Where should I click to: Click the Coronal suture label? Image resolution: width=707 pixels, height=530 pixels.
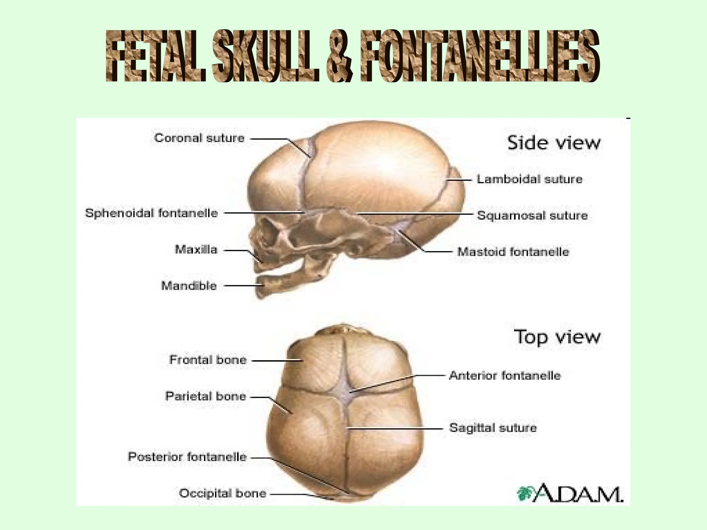tap(199, 138)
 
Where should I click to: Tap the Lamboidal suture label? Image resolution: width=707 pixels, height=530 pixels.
tap(529, 179)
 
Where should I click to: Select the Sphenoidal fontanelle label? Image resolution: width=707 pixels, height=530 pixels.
tap(152, 213)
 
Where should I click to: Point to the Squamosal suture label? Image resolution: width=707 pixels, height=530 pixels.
tap(532, 215)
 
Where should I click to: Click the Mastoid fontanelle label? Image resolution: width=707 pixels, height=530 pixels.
tap(513, 252)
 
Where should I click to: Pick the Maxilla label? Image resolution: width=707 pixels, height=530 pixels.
tap(196, 249)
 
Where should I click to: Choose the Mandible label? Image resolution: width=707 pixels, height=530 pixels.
tap(189, 286)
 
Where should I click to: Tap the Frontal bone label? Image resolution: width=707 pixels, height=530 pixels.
tap(208, 360)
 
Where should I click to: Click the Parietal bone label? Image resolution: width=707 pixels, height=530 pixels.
tap(206, 396)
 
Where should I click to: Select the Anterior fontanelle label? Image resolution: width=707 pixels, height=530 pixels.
tap(505, 375)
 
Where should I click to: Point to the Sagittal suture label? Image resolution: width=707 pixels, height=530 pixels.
tap(493, 428)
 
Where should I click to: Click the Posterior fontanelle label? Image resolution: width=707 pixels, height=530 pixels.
tap(187, 457)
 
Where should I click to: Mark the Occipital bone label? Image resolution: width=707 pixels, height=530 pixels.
tap(223, 493)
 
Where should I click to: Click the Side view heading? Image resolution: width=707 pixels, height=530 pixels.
tap(554, 143)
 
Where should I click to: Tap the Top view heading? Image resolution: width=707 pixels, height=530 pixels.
tap(557, 337)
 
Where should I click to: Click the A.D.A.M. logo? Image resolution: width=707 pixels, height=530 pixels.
tap(570, 493)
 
